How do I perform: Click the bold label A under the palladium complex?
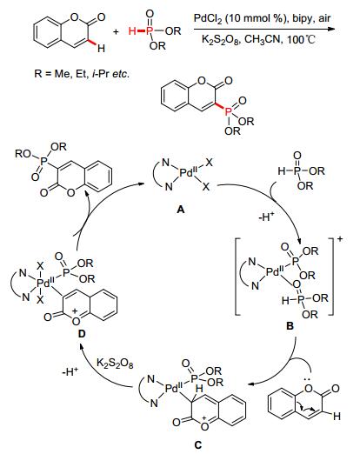coord(181,209)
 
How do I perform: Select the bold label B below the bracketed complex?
coord(290,326)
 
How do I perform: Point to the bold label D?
coord(82,334)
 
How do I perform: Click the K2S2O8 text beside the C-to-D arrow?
coord(115,363)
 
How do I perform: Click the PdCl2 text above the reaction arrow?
coord(208,19)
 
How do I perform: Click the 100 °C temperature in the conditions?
coord(301,39)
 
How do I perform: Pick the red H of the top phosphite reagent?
coord(132,30)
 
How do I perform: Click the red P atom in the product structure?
coord(229,111)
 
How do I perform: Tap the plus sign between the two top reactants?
coord(116,31)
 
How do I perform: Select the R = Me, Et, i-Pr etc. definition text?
coord(82,74)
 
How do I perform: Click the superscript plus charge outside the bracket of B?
coord(340,239)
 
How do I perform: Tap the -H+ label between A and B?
coord(266,217)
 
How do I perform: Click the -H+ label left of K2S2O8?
coord(70,372)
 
